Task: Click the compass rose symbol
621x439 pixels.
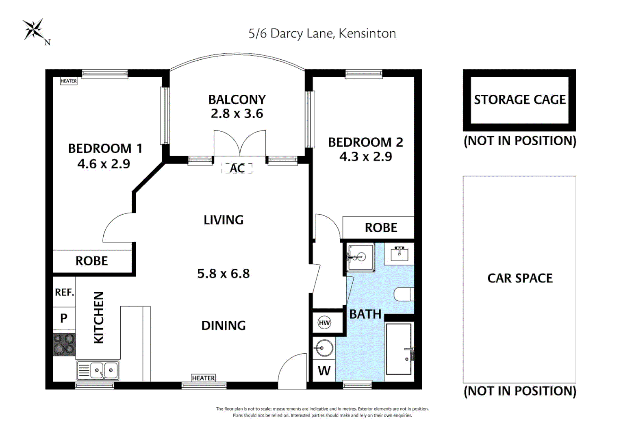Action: pyautogui.click(x=33, y=29)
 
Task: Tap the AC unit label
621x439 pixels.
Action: pyautogui.click(x=237, y=168)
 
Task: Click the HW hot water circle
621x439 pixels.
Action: pyautogui.click(x=324, y=322)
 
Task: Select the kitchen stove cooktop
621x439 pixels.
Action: pyautogui.click(x=64, y=345)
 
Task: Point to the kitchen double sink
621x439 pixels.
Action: pyautogui.click(x=98, y=370)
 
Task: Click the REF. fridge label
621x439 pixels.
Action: pyautogui.click(x=64, y=292)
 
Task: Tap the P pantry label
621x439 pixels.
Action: pyautogui.click(x=64, y=318)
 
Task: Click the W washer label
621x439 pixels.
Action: pyautogui.click(x=324, y=370)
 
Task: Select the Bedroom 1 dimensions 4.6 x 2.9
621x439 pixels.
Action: pyautogui.click(x=104, y=164)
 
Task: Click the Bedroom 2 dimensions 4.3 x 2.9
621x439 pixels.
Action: pyautogui.click(x=366, y=156)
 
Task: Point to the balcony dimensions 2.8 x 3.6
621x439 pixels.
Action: pyautogui.click(x=237, y=114)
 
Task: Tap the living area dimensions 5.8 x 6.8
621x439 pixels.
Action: pyautogui.click(x=224, y=274)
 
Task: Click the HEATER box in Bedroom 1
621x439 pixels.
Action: pyautogui.click(x=68, y=81)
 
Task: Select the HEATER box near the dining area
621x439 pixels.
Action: pyautogui.click(x=204, y=378)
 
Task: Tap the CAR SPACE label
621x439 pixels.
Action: pyautogui.click(x=520, y=278)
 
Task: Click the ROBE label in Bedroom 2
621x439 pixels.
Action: pyautogui.click(x=381, y=228)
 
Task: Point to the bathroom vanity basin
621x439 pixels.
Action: pyautogui.click(x=400, y=254)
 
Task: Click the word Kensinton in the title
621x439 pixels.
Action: pyautogui.click(x=367, y=34)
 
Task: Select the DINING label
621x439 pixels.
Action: pyautogui.click(x=224, y=326)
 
